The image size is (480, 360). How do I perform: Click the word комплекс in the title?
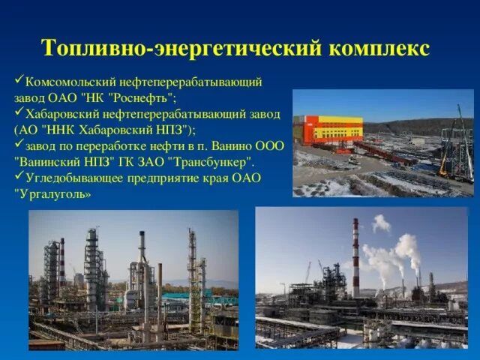[x=379, y=48]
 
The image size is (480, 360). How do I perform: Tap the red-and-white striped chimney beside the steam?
[x=355, y=259]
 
